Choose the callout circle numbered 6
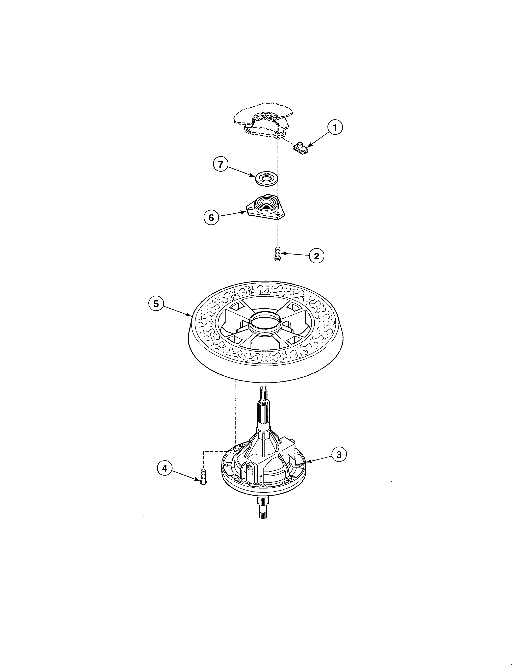pos(211,217)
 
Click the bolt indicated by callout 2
pos(277,254)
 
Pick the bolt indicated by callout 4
pos(203,477)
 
